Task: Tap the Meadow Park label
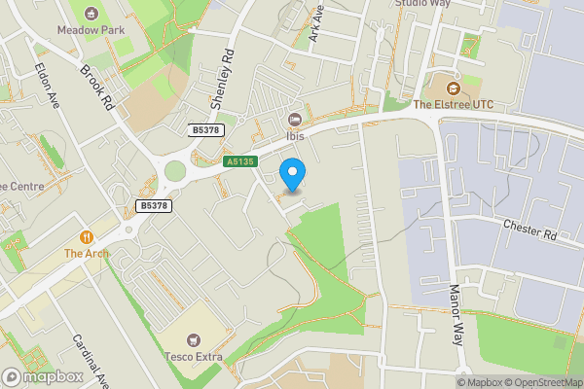click(x=93, y=30)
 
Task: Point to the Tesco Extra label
click(x=193, y=357)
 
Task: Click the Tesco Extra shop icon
click(x=193, y=340)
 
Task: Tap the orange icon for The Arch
click(x=87, y=236)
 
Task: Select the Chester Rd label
click(x=529, y=229)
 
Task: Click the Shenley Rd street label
click(x=223, y=79)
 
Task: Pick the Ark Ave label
click(x=315, y=26)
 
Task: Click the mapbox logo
click(x=41, y=376)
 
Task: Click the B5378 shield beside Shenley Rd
click(x=205, y=129)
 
